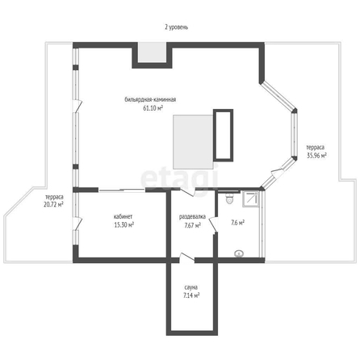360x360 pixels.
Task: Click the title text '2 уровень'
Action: tap(177, 27)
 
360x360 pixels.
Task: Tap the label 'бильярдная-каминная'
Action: tap(150, 99)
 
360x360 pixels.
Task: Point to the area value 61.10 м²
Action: tap(153, 108)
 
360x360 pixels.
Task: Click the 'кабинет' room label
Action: tap(123, 216)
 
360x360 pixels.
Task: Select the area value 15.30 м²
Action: tap(124, 224)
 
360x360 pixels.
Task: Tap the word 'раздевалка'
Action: tap(192, 217)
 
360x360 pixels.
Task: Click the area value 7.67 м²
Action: tap(193, 225)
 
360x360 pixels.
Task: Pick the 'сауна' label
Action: tap(191, 287)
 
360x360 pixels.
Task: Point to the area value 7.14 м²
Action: tap(191, 295)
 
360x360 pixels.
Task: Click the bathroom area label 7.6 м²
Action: tap(238, 223)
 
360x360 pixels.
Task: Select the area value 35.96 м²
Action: tap(316, 156)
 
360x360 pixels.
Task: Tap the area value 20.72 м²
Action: tap(53, 204)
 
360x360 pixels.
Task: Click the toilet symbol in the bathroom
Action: tap(229, 199)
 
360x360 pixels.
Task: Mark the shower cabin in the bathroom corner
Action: tap(251, 199)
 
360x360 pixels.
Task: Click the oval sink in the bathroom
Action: tap(239, 253)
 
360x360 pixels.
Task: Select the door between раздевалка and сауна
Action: tap(187, 257)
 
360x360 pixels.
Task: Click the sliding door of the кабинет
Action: tap(122, 190)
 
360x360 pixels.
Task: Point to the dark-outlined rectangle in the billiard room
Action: tap(223, 135)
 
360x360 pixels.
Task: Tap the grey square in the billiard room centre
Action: tap(194, 142)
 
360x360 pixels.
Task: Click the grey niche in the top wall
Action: tap(152, 52)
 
